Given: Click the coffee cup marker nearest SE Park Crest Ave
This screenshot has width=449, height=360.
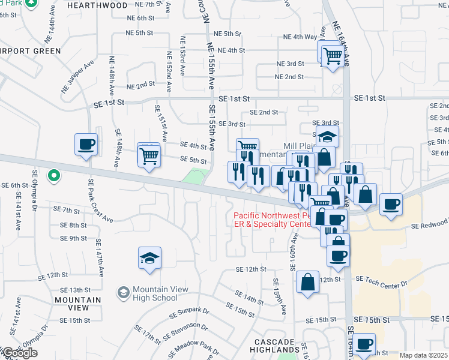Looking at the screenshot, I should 85,145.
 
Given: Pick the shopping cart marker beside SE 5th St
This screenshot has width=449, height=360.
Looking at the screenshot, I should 148,156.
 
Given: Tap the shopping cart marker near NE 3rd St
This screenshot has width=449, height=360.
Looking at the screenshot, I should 333,56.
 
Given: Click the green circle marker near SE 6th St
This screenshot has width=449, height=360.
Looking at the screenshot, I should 54,176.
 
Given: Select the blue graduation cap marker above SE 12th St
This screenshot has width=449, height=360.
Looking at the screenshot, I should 149,258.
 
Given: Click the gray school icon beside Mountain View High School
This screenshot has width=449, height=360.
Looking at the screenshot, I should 123,292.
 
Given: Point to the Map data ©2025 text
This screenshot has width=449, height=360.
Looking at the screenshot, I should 424,355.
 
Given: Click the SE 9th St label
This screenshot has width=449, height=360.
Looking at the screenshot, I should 74,238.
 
